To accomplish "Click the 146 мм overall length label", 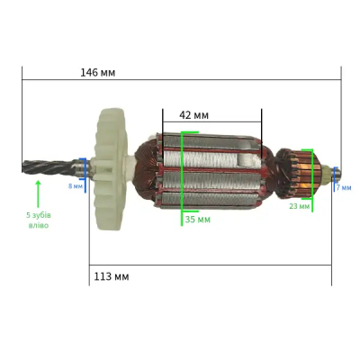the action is (x=97, y=73).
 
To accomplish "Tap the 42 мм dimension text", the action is (x=193, y=115).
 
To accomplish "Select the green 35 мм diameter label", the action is (x=198, y=220).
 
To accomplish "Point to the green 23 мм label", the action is (x=299, y=206).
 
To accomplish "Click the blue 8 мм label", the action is (x=76, y=186).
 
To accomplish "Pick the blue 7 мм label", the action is (x=344, y=188).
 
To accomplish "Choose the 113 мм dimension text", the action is (x=112, y=276).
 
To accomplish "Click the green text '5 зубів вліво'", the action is (x=39, y=220).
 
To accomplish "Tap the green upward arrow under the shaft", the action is (x=38, y=193).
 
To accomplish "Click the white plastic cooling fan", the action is (x=111, y=169).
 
